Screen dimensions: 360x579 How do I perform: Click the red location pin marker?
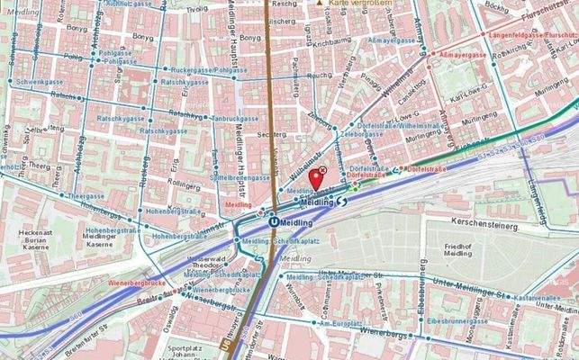316,177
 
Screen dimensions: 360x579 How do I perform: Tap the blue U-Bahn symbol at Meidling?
271,216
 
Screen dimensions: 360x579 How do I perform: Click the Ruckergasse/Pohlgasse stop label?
211,68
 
